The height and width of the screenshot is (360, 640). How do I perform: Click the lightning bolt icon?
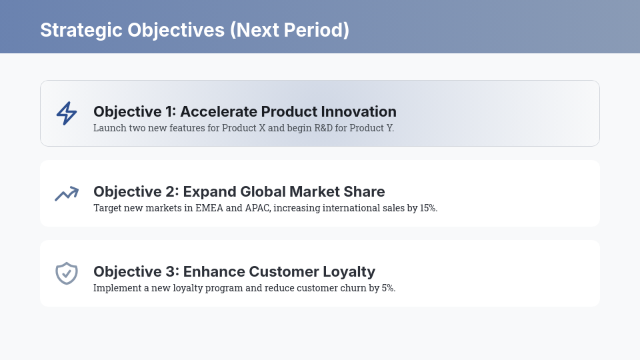click(x=65, y=113)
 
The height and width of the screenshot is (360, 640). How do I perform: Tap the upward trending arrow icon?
click(x=67, y=193)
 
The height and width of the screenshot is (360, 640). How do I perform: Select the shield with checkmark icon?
click(x=67, y=273)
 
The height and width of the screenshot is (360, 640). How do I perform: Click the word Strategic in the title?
click(x=81, y=30)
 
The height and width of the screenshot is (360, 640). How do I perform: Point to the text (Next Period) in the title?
click(x=289, y=30)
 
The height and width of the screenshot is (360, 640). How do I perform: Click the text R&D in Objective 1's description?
click(x=323, y=128)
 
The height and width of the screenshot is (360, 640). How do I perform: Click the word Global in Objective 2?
click(x=262, y=191)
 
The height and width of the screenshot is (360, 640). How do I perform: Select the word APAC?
click(x=257, y=208)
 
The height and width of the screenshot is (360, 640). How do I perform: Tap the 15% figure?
click(x=429, y=208)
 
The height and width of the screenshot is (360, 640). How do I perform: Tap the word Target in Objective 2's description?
click(x=107, y=208)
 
